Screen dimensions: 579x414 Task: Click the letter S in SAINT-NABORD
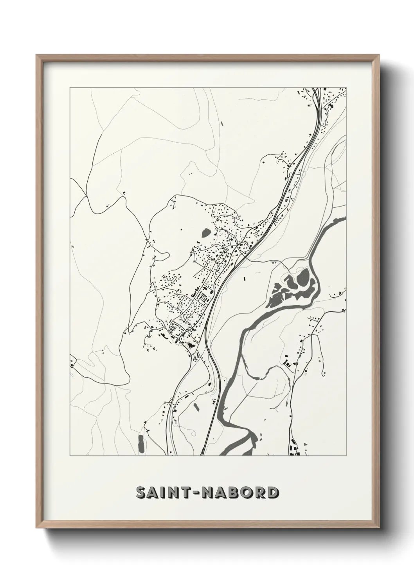141,493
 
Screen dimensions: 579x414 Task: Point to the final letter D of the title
273,493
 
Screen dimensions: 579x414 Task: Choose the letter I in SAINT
165,493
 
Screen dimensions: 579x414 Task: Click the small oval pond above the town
206,234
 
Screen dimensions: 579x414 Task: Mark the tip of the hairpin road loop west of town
168,255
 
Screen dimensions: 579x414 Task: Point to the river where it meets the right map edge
344,218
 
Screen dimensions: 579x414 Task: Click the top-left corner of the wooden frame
37,55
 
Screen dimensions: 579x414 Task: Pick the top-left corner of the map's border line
70,88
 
